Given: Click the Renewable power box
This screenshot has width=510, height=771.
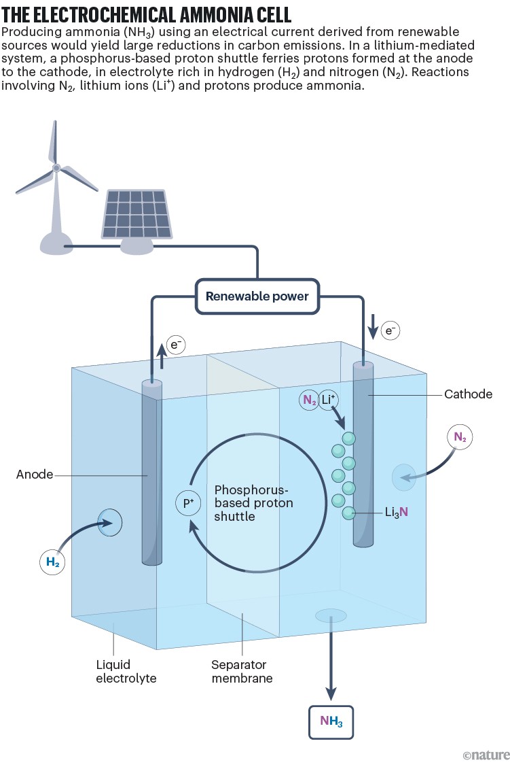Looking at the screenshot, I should tap(257, 296).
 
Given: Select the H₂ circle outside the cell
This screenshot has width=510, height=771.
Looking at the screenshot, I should tap(52, 562).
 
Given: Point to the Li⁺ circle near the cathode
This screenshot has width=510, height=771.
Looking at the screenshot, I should tap(329, 400).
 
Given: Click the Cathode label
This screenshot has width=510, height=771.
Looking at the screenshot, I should tap(468, 394).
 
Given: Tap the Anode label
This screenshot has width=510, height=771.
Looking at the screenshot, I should tap(35, 475).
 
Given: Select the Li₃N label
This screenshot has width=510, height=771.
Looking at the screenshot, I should tap(397, 512).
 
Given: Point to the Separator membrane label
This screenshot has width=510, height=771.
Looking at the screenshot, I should tap(242, 671).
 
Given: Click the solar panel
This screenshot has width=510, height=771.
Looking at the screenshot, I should tap(136, 210).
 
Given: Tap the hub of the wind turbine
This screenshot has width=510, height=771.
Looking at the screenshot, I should tap(57, 167).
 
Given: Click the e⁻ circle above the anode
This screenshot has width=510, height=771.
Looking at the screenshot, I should tap(177, 345).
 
